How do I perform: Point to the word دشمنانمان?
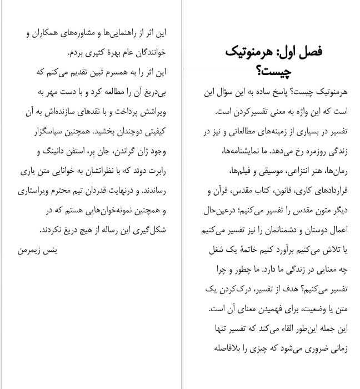pos(277,230)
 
